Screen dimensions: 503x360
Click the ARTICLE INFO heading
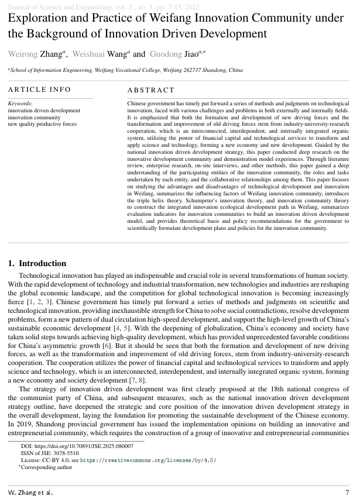[39, 89]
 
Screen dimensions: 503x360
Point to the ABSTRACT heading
[151, 90]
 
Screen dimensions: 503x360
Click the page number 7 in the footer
[347, 492]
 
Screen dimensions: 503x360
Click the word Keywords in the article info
[20, 104]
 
